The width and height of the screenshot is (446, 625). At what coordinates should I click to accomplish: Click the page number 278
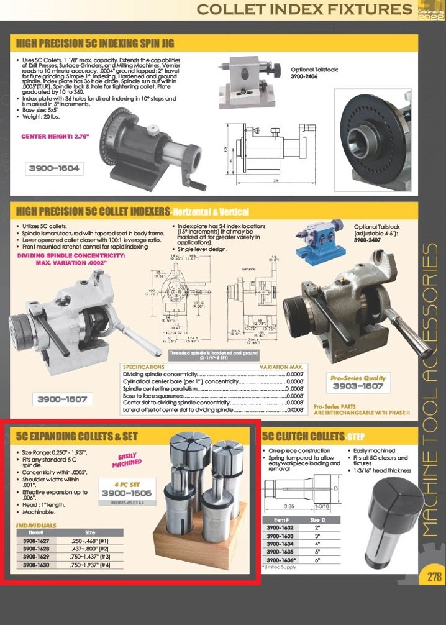pos(434,577)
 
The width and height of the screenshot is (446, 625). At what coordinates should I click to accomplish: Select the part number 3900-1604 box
pos(54,168)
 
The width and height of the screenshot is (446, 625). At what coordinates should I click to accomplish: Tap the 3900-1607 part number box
pos(62,398)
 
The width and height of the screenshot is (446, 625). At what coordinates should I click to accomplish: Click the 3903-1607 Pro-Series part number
pos(358,386)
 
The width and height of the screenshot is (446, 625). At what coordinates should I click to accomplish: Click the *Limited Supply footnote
pos(280,567)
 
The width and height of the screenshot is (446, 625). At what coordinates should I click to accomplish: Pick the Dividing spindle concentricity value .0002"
pos(294,374)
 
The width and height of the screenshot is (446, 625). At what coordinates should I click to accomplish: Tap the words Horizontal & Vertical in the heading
pos(210,212)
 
